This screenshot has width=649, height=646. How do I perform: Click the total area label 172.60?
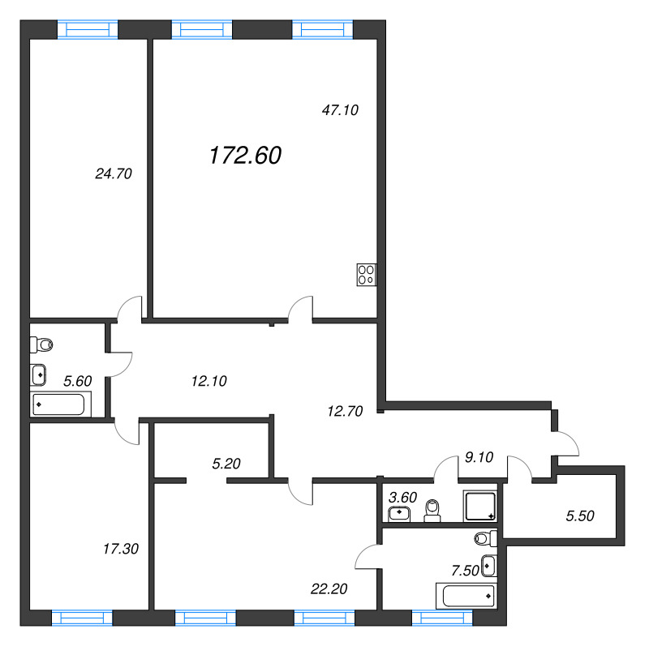[246, 156]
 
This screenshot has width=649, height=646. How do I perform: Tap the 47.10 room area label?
[340, 110]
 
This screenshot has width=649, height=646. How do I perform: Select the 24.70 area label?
[114, 173]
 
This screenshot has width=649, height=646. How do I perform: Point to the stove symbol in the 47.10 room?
[367, 275]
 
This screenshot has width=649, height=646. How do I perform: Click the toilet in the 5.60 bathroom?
[41, 344]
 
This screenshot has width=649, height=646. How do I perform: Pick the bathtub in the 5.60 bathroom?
[60, 404]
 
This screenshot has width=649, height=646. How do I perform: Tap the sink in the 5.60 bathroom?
[38, 374]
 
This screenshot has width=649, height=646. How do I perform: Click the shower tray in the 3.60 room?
[480, 506]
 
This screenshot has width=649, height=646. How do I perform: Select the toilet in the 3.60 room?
[432, 511]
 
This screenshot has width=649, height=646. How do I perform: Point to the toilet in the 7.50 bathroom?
[486, 538]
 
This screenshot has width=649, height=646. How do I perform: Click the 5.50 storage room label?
[580, 516]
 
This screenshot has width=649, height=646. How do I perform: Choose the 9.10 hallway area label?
[479, 457]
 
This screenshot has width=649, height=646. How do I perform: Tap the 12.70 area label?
[345, 411]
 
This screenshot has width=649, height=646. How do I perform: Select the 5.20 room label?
[226, 464]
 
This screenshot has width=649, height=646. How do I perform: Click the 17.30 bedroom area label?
[120, 549]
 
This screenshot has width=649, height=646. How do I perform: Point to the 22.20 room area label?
[329, 589]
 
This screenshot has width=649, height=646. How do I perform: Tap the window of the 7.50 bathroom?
[442, 618]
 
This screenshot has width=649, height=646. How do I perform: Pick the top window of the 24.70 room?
[88, 30]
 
